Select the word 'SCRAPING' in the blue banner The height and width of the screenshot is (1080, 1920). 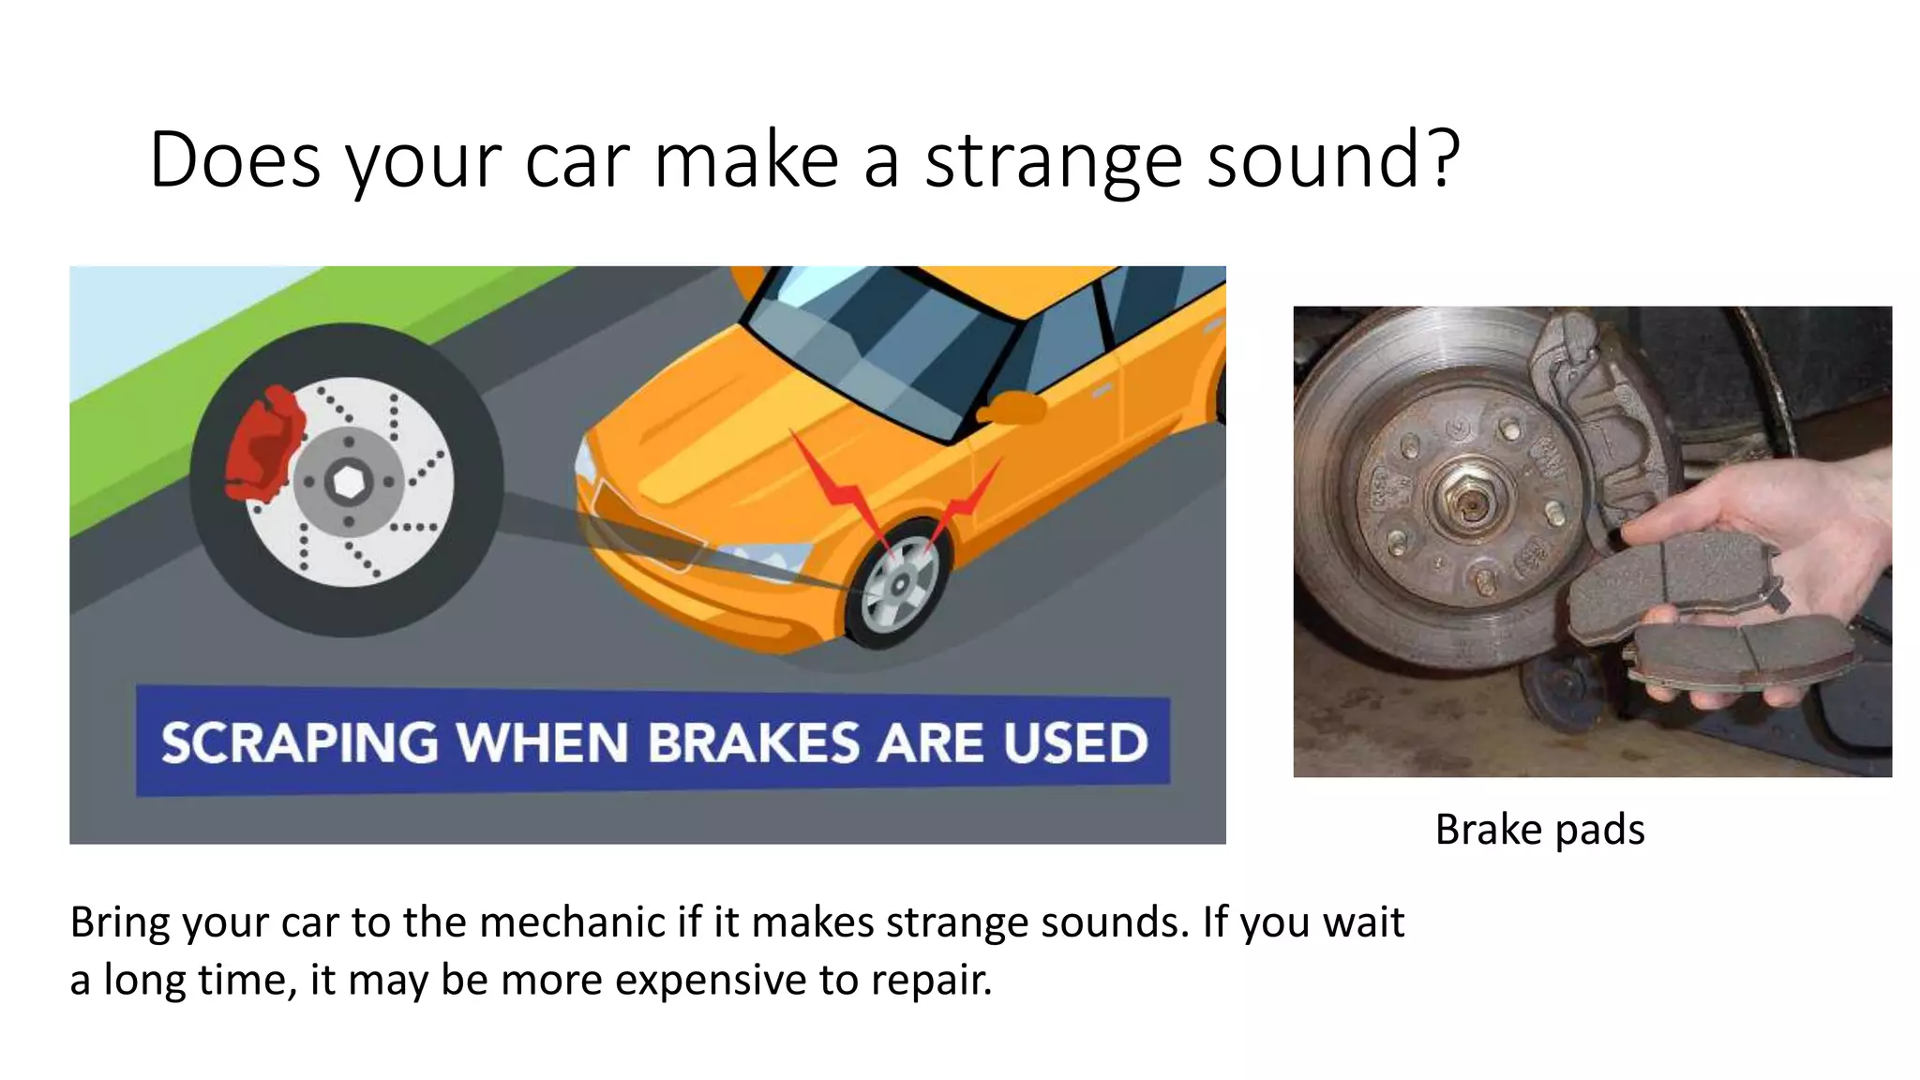(299, 743)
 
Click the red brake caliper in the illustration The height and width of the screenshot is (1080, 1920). (265, 442)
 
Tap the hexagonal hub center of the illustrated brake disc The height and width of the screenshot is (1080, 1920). (349, 483)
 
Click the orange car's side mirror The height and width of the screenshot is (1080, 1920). (1012, 409)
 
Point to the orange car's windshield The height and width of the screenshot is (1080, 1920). (881, 347)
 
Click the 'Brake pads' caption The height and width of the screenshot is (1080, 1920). (1539, 830)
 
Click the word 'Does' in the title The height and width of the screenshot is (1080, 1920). (234, 161)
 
